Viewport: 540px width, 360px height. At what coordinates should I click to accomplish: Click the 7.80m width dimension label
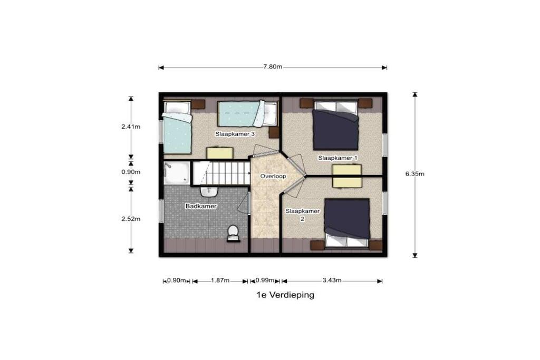(273, 67)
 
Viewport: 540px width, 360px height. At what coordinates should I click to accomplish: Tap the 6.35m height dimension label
(414, 174)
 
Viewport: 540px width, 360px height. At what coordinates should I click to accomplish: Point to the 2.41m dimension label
(131, 127)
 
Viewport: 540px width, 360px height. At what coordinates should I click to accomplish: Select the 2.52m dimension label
(131, 219)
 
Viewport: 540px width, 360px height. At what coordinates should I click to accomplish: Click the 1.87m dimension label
(220, 280)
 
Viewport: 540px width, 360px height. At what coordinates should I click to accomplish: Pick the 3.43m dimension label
(332, 280)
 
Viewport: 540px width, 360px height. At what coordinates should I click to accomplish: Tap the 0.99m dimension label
(265, 280)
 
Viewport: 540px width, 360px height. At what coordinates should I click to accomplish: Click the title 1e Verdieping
(285, 295)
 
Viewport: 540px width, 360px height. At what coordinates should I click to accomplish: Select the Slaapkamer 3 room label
(235, 134)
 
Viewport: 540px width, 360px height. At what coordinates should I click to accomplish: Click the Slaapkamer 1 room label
(337, 158)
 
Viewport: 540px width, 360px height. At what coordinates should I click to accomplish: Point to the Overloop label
(273, 176)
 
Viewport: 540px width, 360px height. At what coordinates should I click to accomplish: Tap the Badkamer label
(201, 206)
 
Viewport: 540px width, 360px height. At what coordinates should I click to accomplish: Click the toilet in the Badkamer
(233, 233)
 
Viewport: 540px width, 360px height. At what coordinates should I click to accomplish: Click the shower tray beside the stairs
(177, 173)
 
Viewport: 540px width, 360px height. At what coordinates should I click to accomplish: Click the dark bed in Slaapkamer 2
(347, 222)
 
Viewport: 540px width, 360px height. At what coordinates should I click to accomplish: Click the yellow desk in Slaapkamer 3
(220, 153)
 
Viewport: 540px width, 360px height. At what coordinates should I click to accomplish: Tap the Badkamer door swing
(244, 204)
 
